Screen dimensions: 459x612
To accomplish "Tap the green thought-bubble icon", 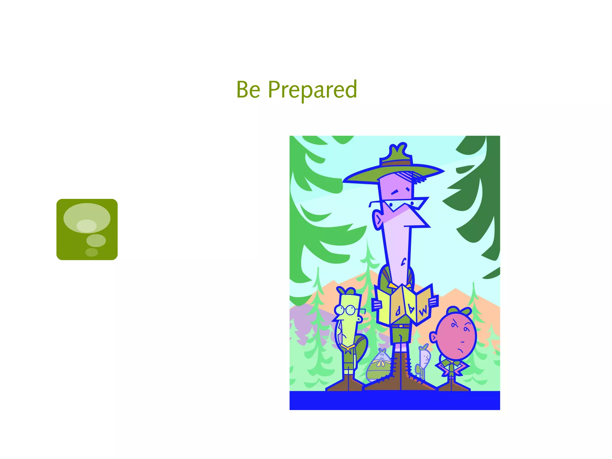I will coord(87,229).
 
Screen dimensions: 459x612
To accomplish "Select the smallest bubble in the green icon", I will coord(91,252).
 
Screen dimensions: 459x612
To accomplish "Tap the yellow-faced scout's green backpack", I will coord(361,347).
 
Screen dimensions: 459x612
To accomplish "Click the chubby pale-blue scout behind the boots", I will coord(379,366).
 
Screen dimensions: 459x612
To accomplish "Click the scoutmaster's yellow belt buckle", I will coord(401,326).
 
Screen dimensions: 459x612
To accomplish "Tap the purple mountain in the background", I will coord(302,317).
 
